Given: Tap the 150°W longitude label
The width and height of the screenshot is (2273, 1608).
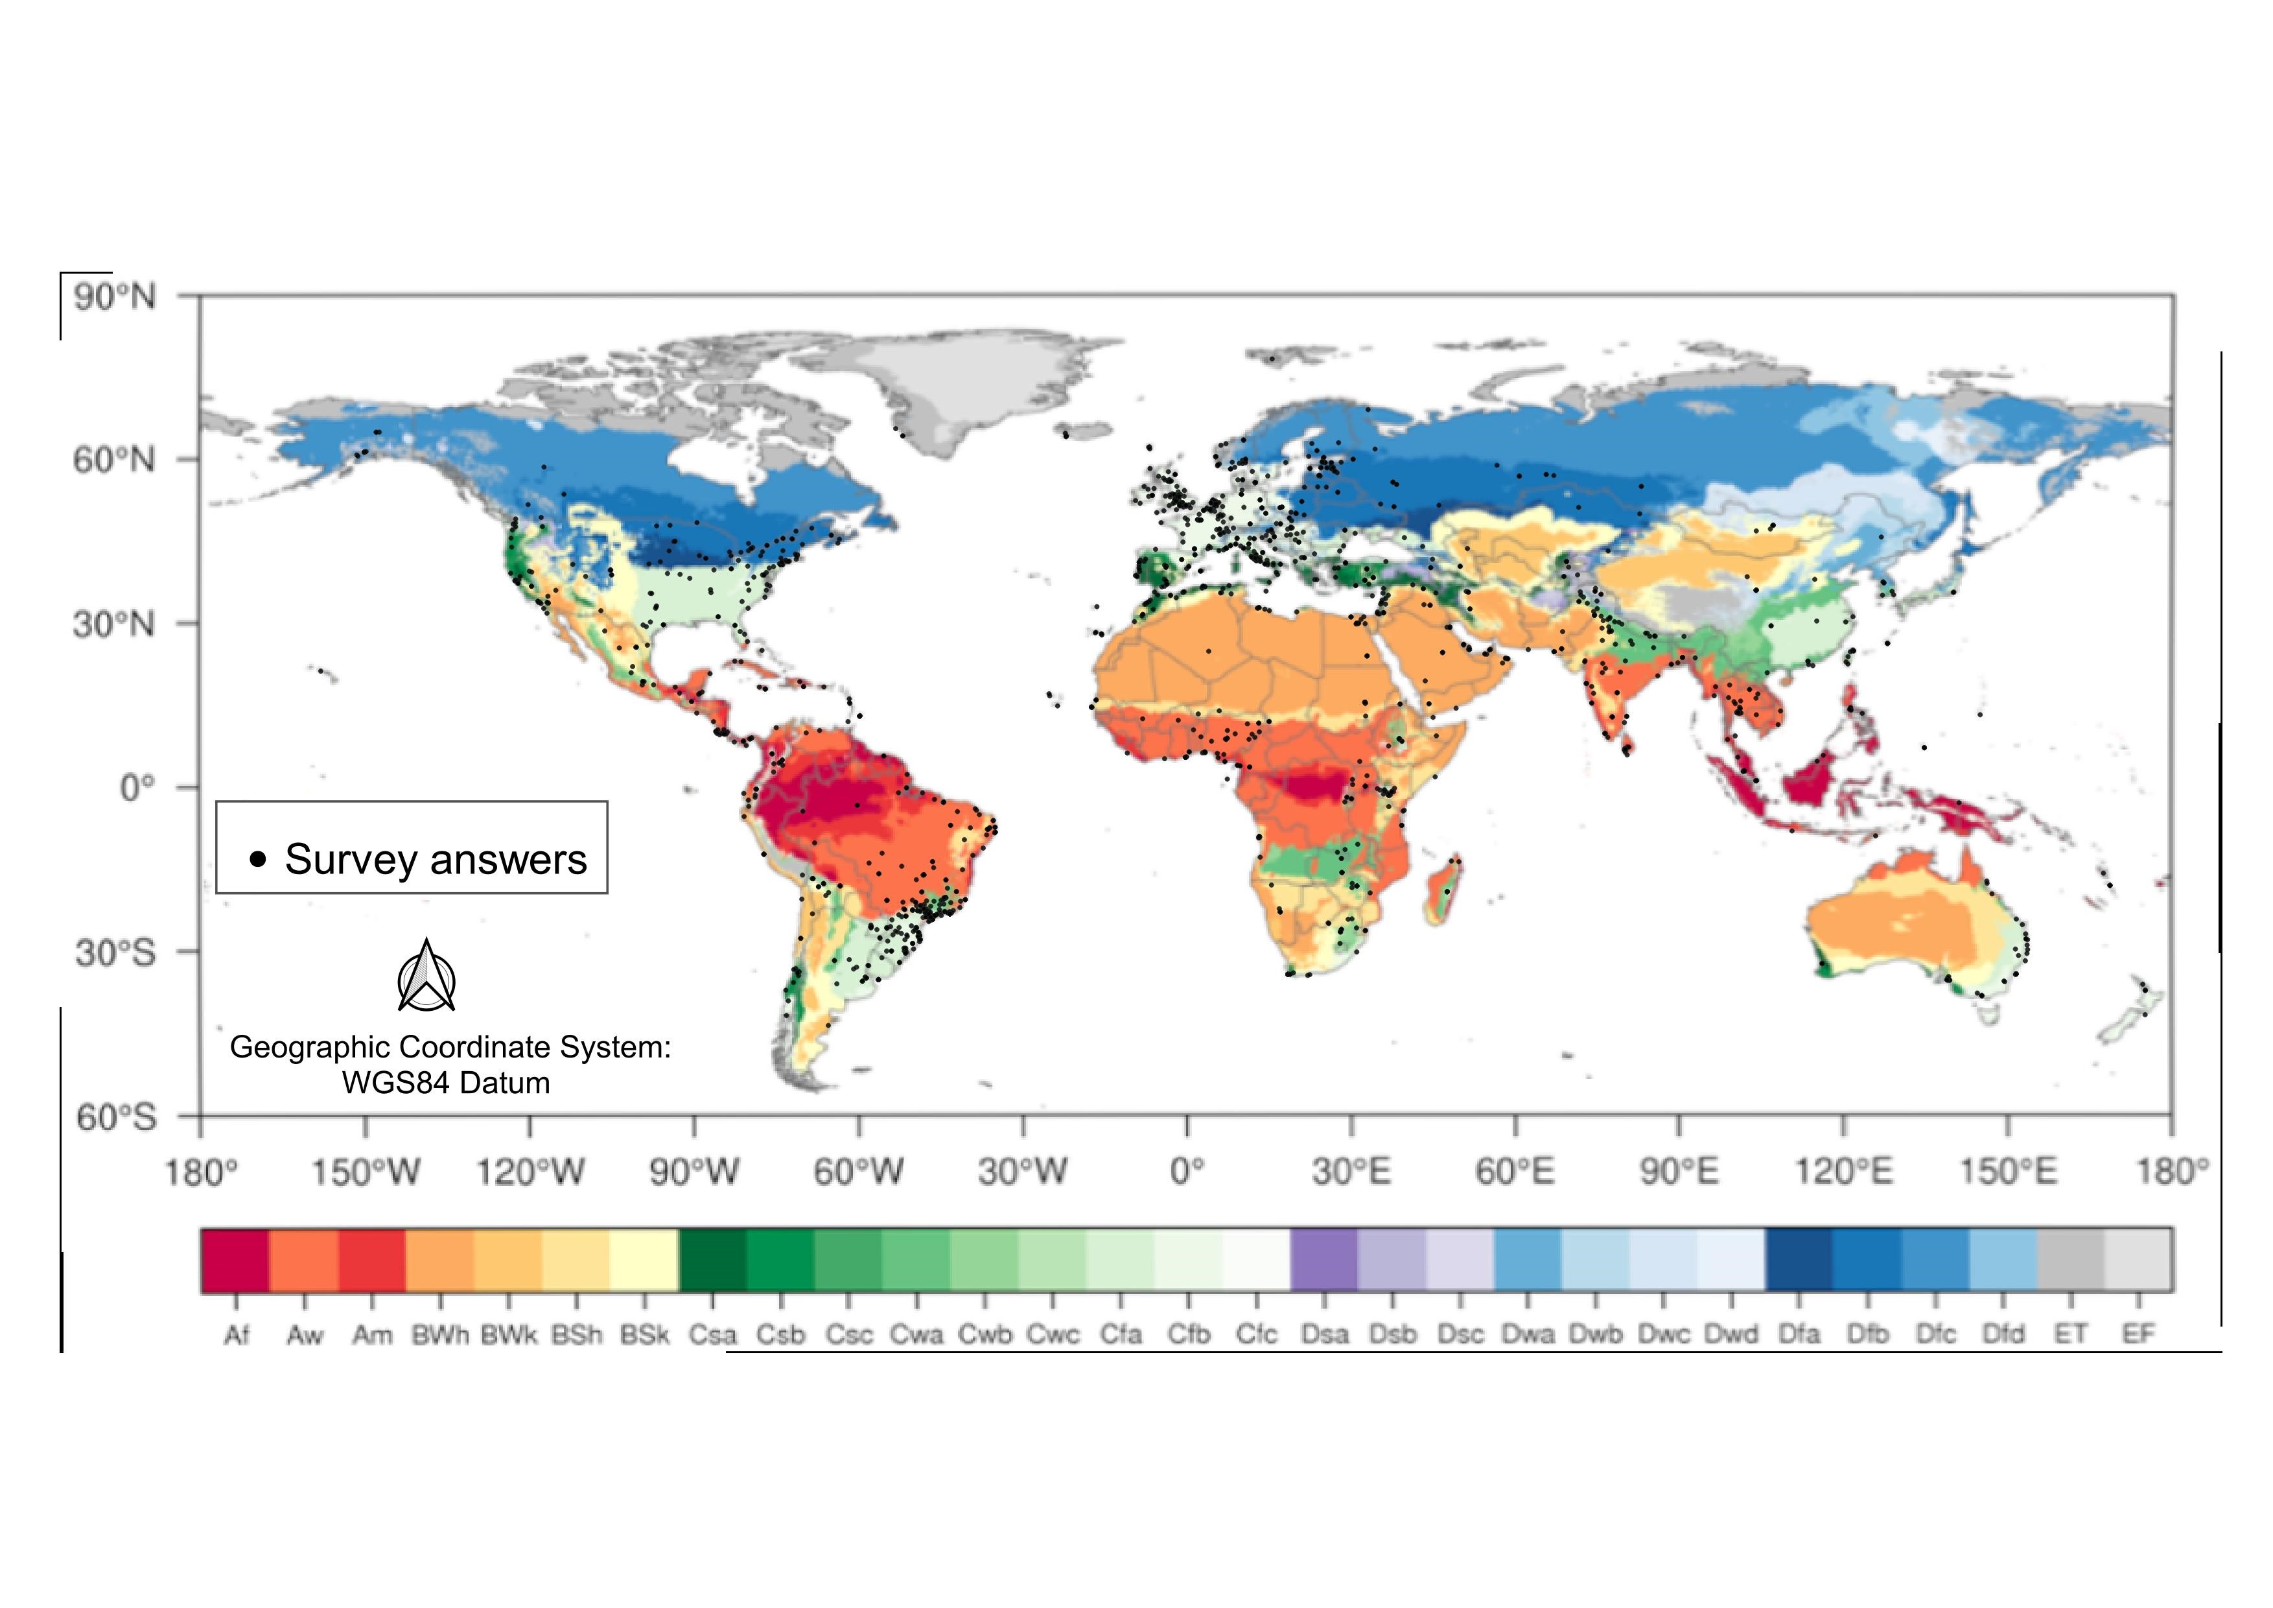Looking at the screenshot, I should (366, 1172).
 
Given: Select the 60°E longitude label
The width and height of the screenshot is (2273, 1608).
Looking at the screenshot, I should (1515, 1172).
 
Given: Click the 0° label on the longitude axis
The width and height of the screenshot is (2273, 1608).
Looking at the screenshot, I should (1187, 1172).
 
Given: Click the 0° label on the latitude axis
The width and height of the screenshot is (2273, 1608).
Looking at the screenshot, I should (137, 788).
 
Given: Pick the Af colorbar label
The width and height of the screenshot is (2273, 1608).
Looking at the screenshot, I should (237, 1335).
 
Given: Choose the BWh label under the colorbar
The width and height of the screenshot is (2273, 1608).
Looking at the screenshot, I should (441, 1335).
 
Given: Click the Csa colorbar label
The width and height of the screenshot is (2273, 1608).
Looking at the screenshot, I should (713, 1335).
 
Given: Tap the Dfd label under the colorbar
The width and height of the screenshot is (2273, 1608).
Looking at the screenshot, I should (2003, 1335).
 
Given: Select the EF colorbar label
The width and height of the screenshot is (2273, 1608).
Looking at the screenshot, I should (2138, 1335).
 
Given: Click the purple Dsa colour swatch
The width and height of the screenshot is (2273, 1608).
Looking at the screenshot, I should (1325, 1259).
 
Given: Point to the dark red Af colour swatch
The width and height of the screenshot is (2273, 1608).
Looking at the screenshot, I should (236, 1259).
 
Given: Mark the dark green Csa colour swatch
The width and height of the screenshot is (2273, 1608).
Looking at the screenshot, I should (713, 1259).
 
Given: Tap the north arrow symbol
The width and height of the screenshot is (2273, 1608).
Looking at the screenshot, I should (426, 977).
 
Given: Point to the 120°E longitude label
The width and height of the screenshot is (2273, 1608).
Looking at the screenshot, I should (1843, 1172).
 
